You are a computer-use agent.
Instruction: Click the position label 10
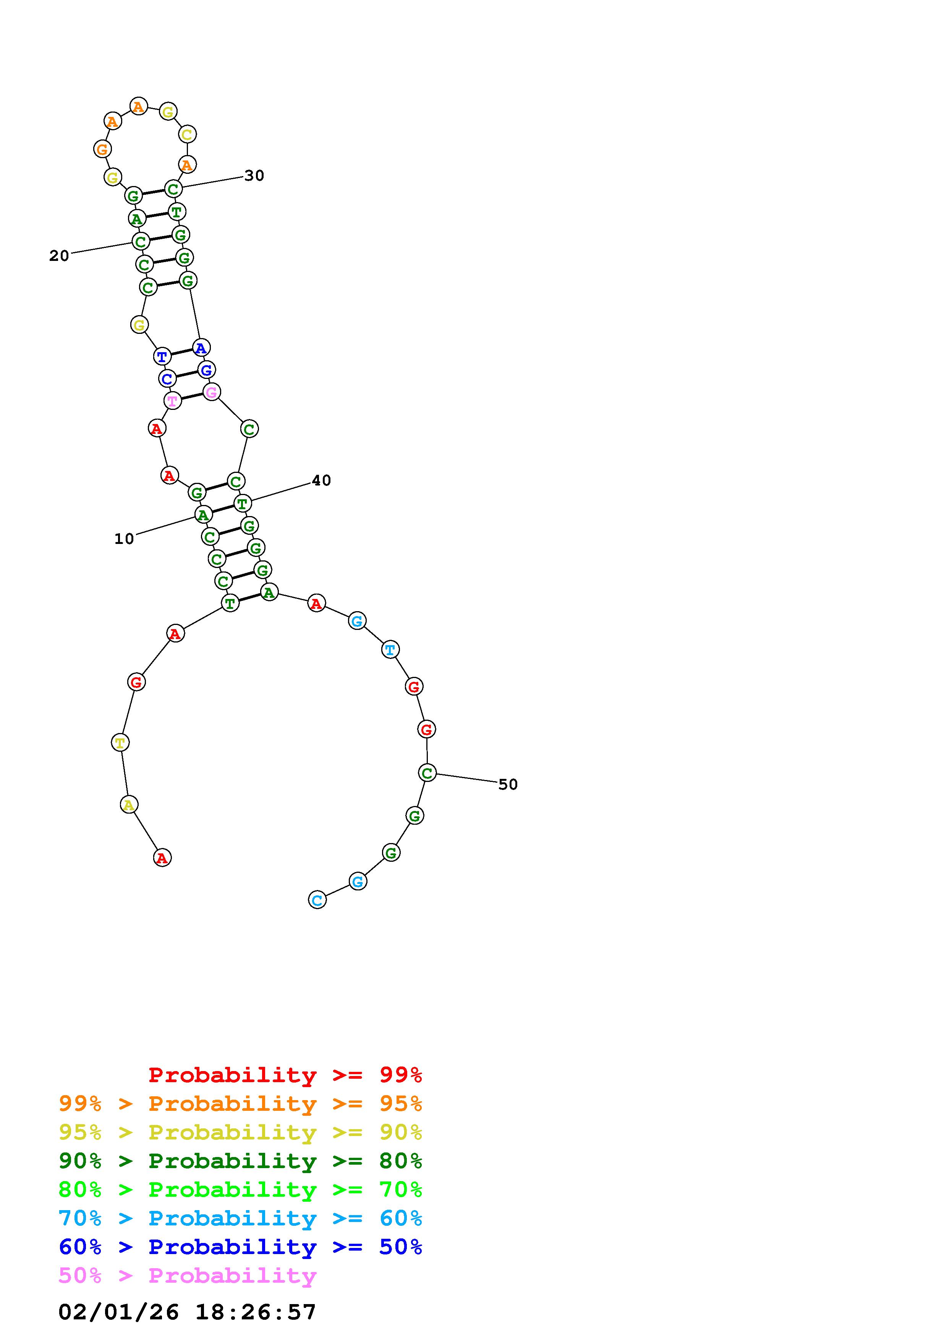124,539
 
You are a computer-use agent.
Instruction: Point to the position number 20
59,256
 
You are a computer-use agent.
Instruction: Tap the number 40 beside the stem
321,480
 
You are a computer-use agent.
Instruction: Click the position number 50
508,784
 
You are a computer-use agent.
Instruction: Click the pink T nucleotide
173,401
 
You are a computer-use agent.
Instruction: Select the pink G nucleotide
211,392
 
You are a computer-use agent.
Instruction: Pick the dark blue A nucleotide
201,348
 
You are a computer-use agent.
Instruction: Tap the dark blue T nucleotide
162,356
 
